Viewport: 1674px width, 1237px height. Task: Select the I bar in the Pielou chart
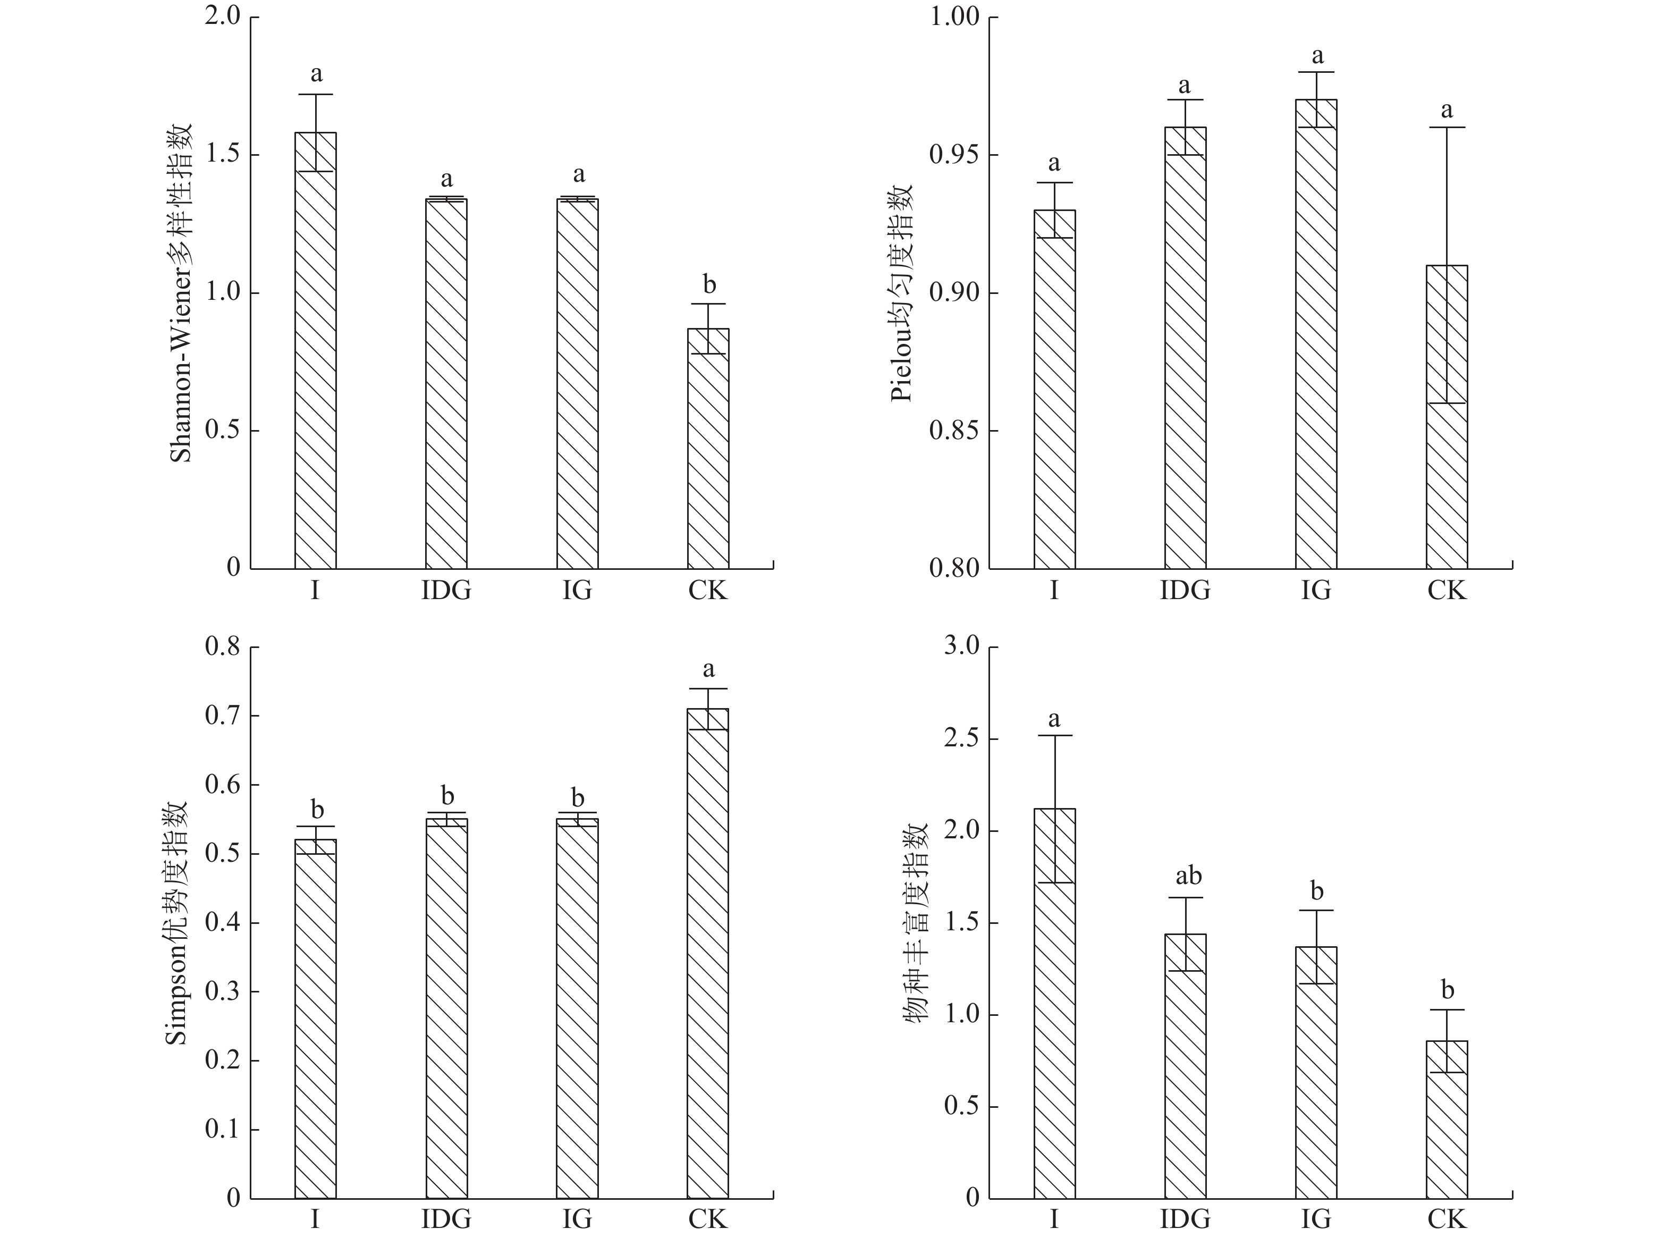(1054, 389)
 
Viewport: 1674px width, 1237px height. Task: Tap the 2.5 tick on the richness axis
(961, 739)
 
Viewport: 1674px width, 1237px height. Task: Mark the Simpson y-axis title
(176, 922)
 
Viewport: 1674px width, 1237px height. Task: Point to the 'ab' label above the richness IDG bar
(1188, 876)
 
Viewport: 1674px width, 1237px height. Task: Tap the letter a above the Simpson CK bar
(708, 669)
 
